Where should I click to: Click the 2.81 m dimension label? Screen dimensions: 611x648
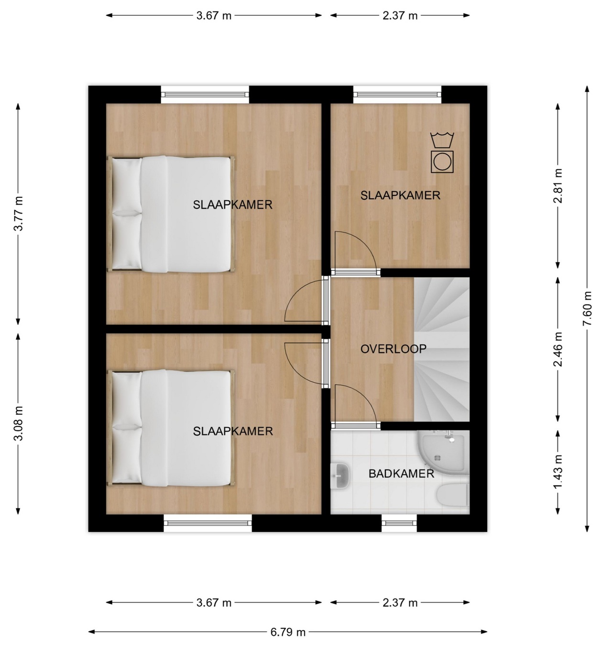point(558,186)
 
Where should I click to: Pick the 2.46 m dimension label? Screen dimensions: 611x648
point(558,349)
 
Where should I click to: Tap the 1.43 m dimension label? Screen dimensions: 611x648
point(558,472)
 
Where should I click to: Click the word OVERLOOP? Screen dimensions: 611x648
point(393,349)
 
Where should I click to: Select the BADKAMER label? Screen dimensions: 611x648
point(401,474)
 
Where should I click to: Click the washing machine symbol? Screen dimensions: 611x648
point(442,162)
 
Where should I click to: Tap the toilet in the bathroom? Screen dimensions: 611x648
point(453,495)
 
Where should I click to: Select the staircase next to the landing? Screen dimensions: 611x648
point(442,349)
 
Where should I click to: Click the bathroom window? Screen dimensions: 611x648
point(399,523)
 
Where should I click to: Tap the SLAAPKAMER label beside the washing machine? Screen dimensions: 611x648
point(400,195)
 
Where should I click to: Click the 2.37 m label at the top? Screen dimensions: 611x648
point(400,16)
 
